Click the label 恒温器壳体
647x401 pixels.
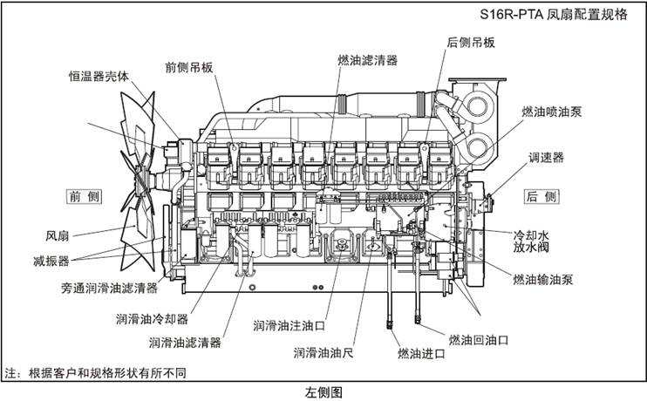tap(99, 76)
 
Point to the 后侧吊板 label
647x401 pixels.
tap(471, 42)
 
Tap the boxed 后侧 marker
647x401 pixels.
tap(541, 196)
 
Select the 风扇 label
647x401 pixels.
tap(58, 235)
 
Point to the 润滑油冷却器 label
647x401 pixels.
tap(152, 318)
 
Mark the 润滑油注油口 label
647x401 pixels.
tap(289, 325)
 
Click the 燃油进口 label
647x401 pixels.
tap(421, 353)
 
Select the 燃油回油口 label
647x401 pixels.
tap(478, 338)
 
